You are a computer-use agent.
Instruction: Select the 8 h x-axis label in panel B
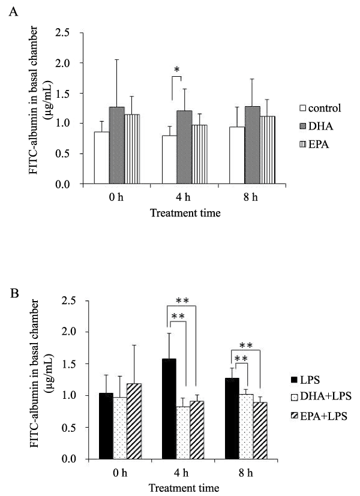[x=250, y=472]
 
